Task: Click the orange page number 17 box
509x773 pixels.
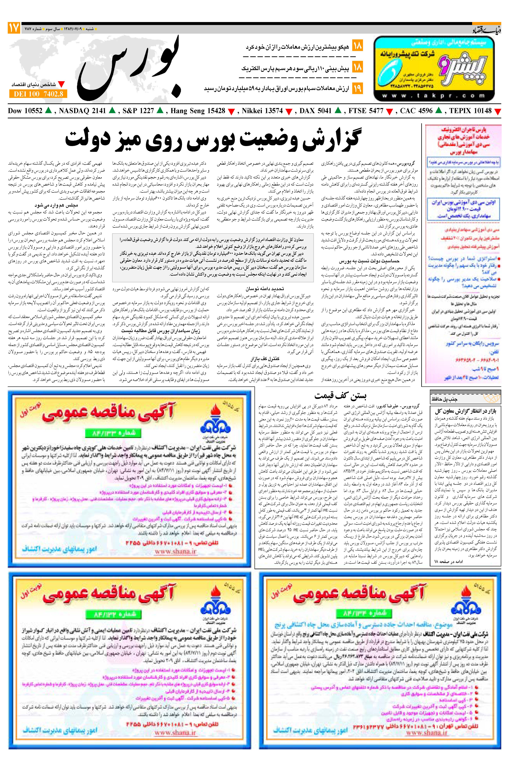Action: pyautogui.click(x=14, y=28)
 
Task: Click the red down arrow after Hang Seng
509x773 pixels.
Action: pyautogui.click(x=231, y=112)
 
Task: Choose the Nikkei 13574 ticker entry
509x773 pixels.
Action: pyautogui.click(x=262, y=111)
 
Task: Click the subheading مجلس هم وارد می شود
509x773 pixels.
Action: pyautogui.click(x=56, y=205)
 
